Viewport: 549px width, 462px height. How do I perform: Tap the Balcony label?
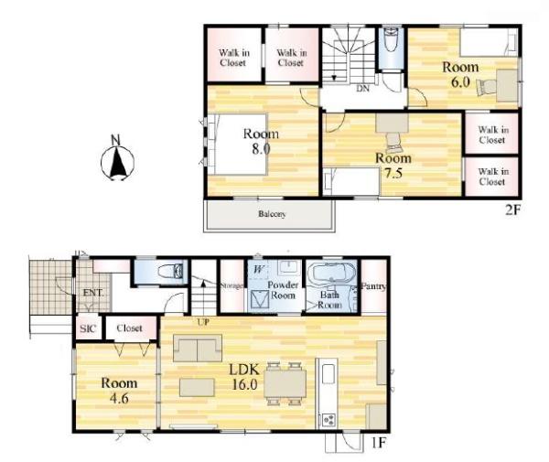[x=272, y=213]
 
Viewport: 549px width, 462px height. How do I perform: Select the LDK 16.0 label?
[x=244, y=377]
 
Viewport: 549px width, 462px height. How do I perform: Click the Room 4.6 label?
[x=119, y=391]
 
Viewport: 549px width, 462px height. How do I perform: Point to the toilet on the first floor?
[x=170, y=271]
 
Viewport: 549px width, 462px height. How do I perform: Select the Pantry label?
[x=373, y=286]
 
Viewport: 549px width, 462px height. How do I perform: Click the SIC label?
[x=88, y=328]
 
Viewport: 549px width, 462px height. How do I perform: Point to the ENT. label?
[x=93, y=293]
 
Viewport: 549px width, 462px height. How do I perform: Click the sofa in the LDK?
[x=198, y=348]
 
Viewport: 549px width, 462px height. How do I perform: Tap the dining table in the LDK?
[x=285, y=383]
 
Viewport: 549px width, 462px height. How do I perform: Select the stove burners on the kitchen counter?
[x=328, y=419]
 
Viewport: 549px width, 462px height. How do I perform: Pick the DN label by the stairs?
[x=362, y=89]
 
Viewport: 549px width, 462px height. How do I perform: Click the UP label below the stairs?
[x=203, y=322]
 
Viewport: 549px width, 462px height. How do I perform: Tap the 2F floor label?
[x=513, y=210]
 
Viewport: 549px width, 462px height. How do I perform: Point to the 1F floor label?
[x=379, y=443]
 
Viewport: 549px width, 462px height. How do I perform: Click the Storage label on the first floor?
[x=231, y=286]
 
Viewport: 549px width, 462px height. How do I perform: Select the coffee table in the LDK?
[x=197, y=388]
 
